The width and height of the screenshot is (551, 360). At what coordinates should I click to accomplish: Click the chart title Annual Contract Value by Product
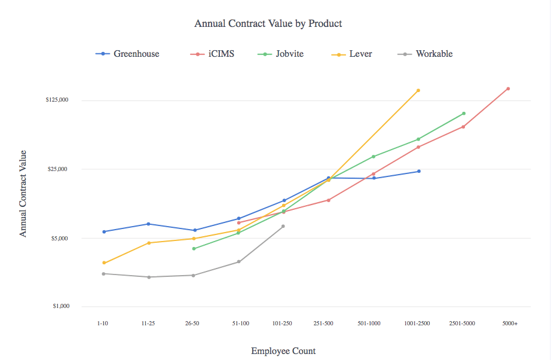(x=268, y=24)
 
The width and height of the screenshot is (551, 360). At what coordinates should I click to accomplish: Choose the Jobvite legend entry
(x=289, y=54)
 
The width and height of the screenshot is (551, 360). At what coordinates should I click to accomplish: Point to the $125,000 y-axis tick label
(x=57, y=100)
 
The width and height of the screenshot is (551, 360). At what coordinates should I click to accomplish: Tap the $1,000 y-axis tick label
(x=61, y=307)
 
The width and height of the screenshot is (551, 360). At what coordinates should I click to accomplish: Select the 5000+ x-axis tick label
(x=510, y=324)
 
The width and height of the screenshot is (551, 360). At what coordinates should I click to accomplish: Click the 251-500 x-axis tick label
(x=323, y=324)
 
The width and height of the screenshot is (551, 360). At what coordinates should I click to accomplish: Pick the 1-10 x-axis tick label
(x=104, y=324)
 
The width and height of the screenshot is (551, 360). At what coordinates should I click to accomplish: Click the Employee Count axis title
(x=283, y=351)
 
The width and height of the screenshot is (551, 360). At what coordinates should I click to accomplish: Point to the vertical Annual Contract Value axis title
(x=23, y=193)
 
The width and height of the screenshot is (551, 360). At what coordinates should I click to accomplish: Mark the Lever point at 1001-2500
(x=418, y=90)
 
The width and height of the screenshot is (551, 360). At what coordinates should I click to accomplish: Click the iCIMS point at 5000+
(x=508, y=89)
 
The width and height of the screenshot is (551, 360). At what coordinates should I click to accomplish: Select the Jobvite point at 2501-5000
(x=463, y=114)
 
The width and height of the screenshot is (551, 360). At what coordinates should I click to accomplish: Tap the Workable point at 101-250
(x=283, y=226)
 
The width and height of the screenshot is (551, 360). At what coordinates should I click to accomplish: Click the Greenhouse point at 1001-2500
(x=419, y=172)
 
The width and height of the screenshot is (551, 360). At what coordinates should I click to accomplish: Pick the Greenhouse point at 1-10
(x=104, y=231)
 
